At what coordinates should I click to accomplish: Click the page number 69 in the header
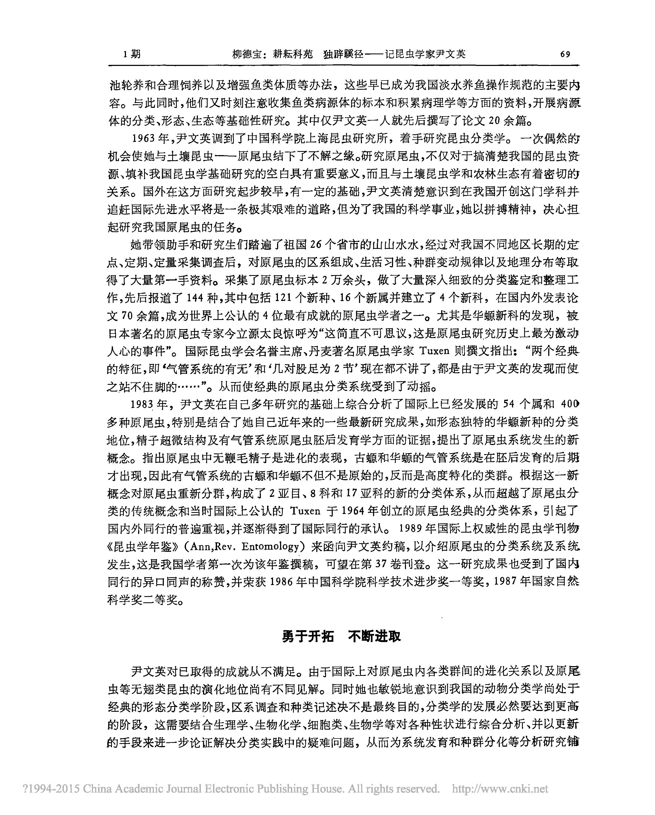coord(565,54)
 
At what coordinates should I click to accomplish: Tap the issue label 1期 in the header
coord(132,54)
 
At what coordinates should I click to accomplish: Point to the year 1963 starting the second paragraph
coord(143,139)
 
